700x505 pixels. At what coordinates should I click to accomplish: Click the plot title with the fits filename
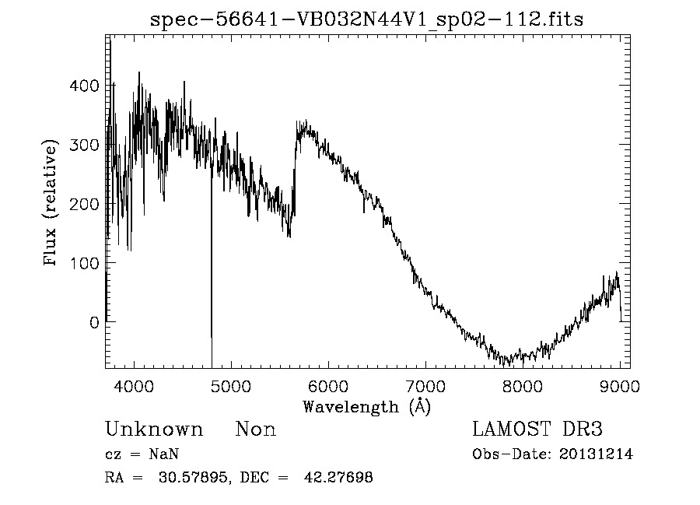click(x=366, y=19)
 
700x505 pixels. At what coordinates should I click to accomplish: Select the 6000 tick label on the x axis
click(x=328, y=387)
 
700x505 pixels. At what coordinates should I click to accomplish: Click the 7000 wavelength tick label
click(x=425, y=387)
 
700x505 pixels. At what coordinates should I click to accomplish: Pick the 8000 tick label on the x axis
click(x=523, y=387)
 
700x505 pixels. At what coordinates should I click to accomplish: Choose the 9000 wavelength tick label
click(x=620, y=387)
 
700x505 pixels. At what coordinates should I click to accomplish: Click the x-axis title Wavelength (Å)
click(x=366, y=406)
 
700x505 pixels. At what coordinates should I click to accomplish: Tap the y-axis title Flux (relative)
click(x=52, y=204)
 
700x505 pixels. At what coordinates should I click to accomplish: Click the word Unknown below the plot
click(x=154, y=430)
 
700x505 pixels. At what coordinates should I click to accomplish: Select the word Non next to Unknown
click(x=256, y=430)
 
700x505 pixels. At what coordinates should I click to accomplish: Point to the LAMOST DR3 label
click(x=537, y=430)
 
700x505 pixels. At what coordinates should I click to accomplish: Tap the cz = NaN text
click(x=143, y=454)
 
